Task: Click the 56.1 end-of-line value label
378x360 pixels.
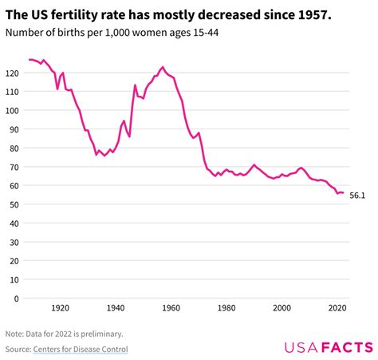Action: [357, 195]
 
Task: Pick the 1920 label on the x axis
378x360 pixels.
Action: [60, 307]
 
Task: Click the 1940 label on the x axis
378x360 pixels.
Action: [115, 307]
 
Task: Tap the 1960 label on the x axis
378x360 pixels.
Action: [171, 307]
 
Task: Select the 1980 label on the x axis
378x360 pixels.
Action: [226, 307]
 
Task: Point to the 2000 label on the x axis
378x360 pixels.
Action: [282, 307]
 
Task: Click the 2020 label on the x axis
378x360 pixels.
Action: [337, 307]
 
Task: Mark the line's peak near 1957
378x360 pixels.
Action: [163, 67]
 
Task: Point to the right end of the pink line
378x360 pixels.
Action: [343, 192]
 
